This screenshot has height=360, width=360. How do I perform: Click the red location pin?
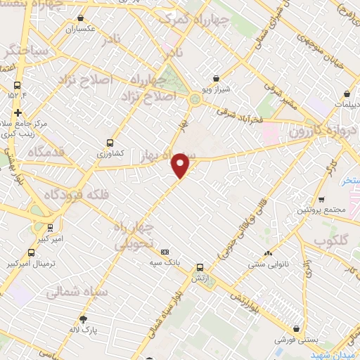tap(181, 165)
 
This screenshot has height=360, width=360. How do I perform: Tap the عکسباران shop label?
tap(80, 30)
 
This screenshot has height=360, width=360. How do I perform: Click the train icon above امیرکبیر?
tap(49, 228)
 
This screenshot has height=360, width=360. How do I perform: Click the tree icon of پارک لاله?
tap(83, 319)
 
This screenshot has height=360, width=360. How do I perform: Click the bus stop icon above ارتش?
tap(200, 268)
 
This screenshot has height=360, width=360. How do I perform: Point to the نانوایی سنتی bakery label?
tap(268, 265)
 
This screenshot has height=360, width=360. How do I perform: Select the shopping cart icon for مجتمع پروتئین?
tap(322, 200)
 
